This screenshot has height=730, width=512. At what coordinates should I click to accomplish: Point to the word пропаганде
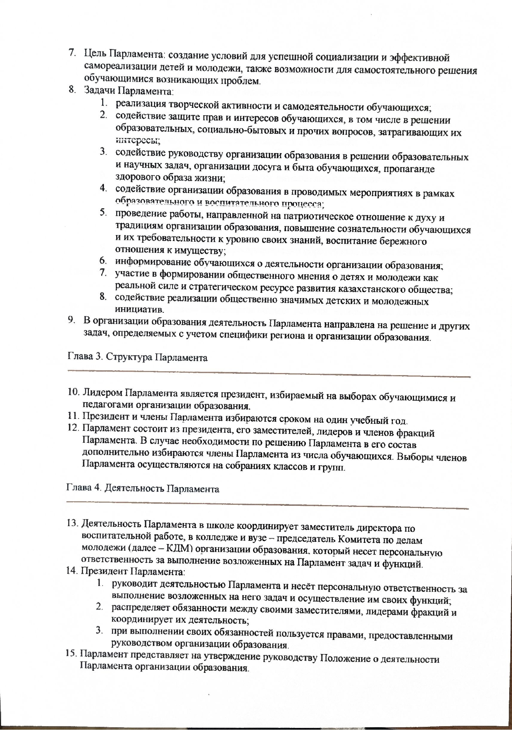[409, 169]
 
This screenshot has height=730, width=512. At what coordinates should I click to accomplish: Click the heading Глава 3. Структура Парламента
[137, 357]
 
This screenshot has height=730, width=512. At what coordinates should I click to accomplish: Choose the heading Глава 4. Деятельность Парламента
[143, 489]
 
